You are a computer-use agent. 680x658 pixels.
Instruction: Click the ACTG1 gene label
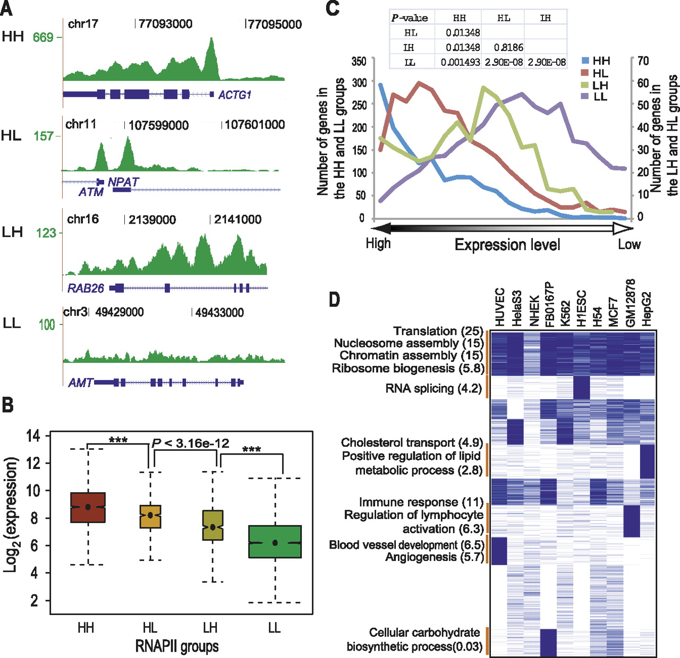click(234, 95)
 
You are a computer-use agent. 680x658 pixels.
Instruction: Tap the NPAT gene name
click(123, 182)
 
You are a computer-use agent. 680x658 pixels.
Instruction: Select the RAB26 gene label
click(86, 288)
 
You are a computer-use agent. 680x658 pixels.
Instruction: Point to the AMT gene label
click(80, 382)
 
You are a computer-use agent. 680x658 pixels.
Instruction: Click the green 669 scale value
click(43, 37)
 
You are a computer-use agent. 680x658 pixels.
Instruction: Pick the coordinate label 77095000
click(275, 24)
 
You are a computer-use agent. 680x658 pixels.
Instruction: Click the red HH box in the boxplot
click(88, 508)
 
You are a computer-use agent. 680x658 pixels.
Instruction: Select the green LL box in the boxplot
click(275, 542)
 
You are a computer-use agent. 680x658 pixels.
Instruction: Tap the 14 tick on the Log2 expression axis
click(33, 436)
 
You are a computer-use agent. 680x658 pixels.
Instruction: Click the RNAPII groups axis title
click(177, 646)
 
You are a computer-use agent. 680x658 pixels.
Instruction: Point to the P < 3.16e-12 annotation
click(190, 443)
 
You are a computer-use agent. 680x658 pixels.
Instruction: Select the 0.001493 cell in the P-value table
click(460, 62)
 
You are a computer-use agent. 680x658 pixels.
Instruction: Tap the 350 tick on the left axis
click(359, 61)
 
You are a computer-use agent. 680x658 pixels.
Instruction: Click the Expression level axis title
click(507, 245)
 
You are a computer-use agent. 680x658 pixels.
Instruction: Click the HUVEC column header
click(499, 307)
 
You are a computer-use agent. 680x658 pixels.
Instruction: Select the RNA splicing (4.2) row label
click(433, 388)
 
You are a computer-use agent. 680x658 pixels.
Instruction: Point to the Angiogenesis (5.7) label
click(435, 557)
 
